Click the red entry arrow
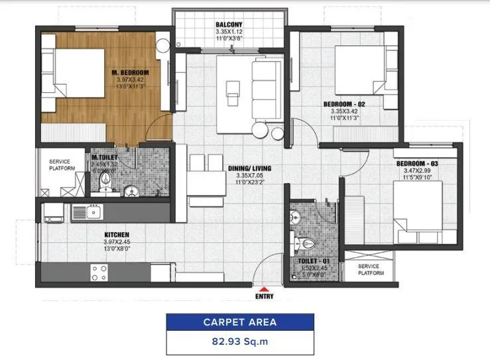tap(265, 288)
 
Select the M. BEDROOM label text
tap(130, 72)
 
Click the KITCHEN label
tap(116, 235)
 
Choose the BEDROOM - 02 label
tap(344, 104)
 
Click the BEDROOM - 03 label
tap(417, 163)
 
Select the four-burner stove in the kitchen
tap(99, 272)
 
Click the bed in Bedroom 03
tap(417, 206)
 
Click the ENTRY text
tap(265, 298)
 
